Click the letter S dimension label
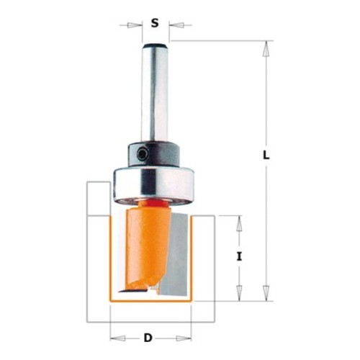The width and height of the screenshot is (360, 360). (x=155, y=23)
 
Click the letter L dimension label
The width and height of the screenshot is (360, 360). (x=266, y=156)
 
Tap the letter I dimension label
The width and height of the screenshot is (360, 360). (x=239, y=257)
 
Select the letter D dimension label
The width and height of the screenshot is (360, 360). (x=148, y=338)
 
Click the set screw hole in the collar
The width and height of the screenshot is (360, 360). (x=143, y=154)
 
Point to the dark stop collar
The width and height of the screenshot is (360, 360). (x=153, y=154)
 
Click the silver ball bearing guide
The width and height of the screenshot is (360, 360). (x=153, y=186)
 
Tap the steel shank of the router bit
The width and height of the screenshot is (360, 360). (x=155, y=94)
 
